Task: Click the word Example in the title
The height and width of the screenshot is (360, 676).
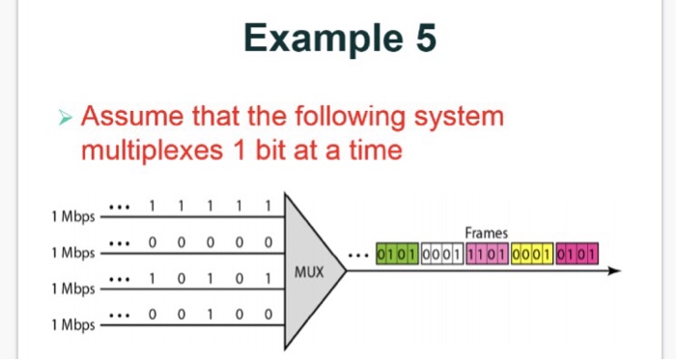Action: pyautogui.click(x=314, y=39)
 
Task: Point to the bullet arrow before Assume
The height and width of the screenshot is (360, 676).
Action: pyautogui.click(x=65, y=120)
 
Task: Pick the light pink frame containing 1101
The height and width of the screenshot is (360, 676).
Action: pyautogui.click(x=487, y=255)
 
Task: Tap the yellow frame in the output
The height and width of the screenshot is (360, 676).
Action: pyautogui.click(x=531, y=255)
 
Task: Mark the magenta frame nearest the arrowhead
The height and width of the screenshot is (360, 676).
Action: pyautogui.click(x=576, y=255)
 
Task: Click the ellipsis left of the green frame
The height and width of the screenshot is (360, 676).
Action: pyautogui.click(x=361, y=257)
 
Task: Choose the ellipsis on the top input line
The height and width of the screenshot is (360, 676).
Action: pyautogui.click(x=120, y=206)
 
